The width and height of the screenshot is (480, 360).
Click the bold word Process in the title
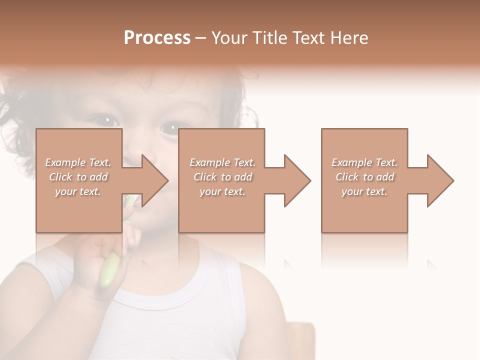click(157, 38)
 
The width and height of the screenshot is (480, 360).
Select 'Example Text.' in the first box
click(78, 162)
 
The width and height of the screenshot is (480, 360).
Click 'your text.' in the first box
click(78, 191)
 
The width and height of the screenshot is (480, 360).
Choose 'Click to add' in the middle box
click(222, 177)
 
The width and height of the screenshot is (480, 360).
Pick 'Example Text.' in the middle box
click(222, 162)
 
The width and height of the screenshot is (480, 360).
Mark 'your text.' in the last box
click(364, 191)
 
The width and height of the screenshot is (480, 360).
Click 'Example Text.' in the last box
click(364, 162)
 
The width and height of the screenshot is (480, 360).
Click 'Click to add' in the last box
click(364, 177)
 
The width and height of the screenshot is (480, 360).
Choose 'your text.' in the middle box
click(222, 191)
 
